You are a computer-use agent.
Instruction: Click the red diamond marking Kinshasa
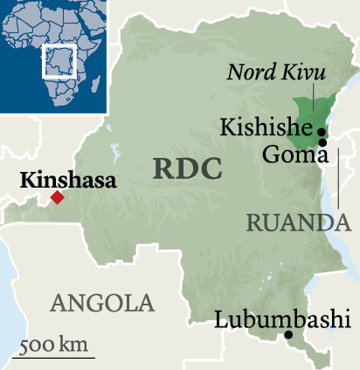click(x=57, y=198)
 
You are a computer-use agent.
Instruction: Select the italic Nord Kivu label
click(x=271, y=72)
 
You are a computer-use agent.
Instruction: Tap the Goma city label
click(x=294, y=156)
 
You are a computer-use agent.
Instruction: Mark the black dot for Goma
click(x=322, y=142)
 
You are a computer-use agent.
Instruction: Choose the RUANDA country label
click(x=298, y=223)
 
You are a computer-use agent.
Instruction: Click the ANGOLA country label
click(x=102, y=303)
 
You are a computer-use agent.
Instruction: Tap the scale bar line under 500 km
click(x=58, y=356)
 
